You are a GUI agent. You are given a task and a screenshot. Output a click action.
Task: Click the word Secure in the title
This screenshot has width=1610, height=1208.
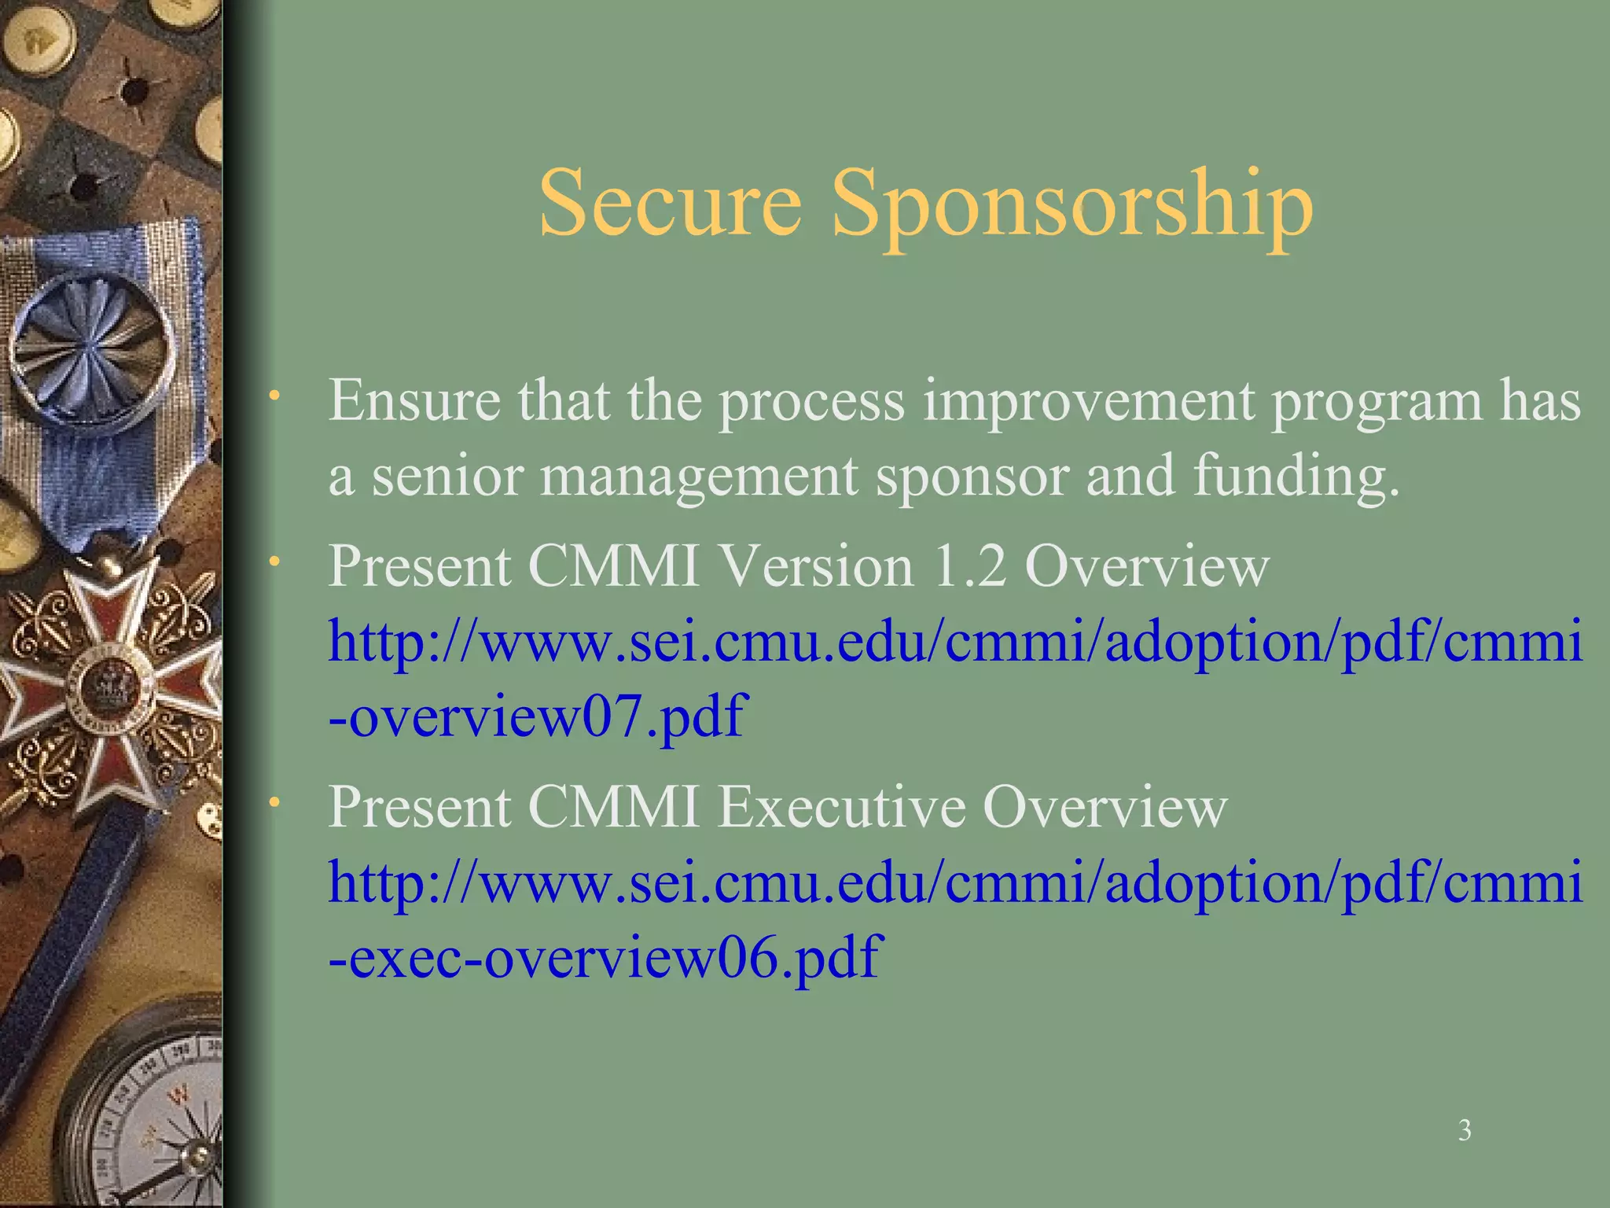point(670,203)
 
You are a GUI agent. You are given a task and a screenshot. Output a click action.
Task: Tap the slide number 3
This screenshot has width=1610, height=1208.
point(1465,1130)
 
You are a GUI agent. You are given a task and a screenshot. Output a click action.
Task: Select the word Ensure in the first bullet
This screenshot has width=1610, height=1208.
point(414,400)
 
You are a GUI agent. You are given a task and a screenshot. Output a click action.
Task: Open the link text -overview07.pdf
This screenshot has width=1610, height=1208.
point(535,716)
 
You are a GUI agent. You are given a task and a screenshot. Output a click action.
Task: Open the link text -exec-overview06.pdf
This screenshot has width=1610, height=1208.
point(605,957)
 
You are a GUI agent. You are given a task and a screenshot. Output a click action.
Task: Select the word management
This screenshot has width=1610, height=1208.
point(699,477)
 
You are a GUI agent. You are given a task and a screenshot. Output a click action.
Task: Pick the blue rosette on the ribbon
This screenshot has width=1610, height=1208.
point(92,346)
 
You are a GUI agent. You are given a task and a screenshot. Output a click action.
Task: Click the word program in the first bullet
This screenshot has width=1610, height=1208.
point(1376,402)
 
